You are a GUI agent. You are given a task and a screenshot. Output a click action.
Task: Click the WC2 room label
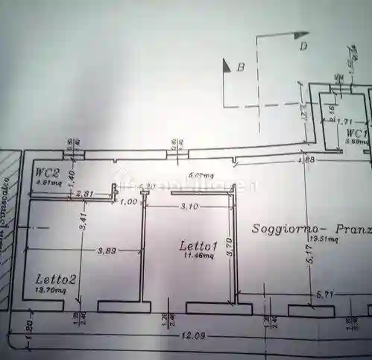(x=47, y=171)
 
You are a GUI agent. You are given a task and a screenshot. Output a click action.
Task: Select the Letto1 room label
(x=198, y=245)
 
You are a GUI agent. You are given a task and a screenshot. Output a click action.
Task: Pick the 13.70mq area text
(x=51, y=291)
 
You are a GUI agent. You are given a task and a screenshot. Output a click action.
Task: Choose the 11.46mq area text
(x=198, y=255)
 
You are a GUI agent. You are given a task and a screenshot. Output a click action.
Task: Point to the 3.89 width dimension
(x=107, y=252)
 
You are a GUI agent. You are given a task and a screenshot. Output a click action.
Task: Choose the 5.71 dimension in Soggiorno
(x=324, y=295)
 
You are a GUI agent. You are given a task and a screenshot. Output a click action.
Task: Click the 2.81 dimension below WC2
(x=86, y=194)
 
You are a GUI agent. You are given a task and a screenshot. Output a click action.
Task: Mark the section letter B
(x=241, y=67)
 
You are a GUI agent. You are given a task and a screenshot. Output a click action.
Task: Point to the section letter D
(x=303, y=46)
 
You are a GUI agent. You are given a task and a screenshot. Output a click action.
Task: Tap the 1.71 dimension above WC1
(x=344, y=121)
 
